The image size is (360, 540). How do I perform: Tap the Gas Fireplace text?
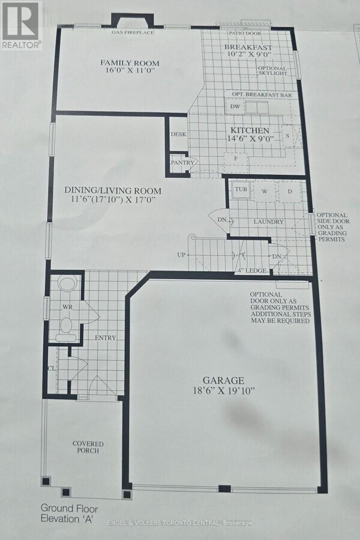[x=133, y=32]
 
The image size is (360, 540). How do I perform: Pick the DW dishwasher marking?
[x=235, y=107]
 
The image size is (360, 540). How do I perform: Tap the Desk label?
[x=179, y=134]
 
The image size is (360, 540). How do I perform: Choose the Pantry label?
[x=181, y=163]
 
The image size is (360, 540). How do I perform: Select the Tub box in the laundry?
[x=241, y=190]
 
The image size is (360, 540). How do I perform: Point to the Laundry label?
[x=268, y=222]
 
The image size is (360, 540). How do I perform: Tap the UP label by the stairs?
[x=180, y=255]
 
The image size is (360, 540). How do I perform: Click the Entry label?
[x=105, y=338]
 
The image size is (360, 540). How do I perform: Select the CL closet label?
[x=52, y=368]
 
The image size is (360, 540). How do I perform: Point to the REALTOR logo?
[x=21, y=24]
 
